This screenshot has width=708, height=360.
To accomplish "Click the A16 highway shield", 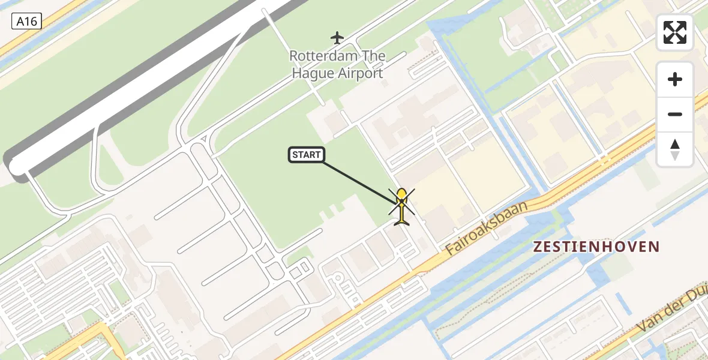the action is (x=26, y=22).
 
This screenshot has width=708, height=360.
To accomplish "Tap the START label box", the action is (x=307, y=155).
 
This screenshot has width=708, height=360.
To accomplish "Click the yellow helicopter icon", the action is (x=401, y=206).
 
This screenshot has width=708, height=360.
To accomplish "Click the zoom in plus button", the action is (x=675, y=79).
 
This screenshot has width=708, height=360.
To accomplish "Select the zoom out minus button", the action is (x=675, y=114).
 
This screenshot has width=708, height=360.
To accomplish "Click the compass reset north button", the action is (x=675, y=149).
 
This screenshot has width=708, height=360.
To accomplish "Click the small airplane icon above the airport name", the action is (x=337, y=38).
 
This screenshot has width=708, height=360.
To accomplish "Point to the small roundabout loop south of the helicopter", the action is (x=337, y=278).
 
